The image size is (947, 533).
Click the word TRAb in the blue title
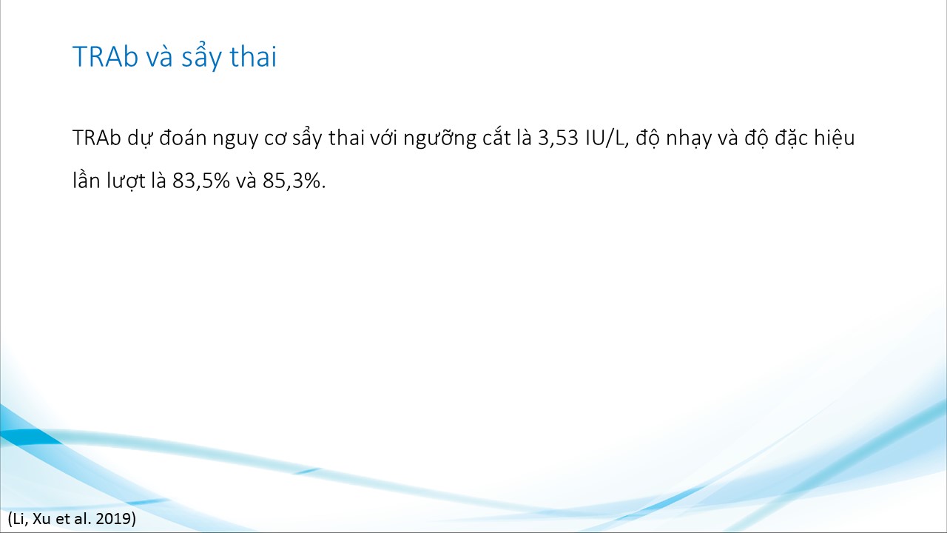105,56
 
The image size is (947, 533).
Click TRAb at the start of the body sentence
97,138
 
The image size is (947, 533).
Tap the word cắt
496,138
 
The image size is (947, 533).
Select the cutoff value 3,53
558,138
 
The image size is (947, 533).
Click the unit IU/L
607,138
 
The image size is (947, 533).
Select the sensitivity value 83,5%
201,181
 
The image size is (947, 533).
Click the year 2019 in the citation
113,518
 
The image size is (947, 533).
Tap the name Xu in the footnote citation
41,518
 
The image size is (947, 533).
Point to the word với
383,138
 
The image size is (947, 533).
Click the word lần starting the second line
86,181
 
